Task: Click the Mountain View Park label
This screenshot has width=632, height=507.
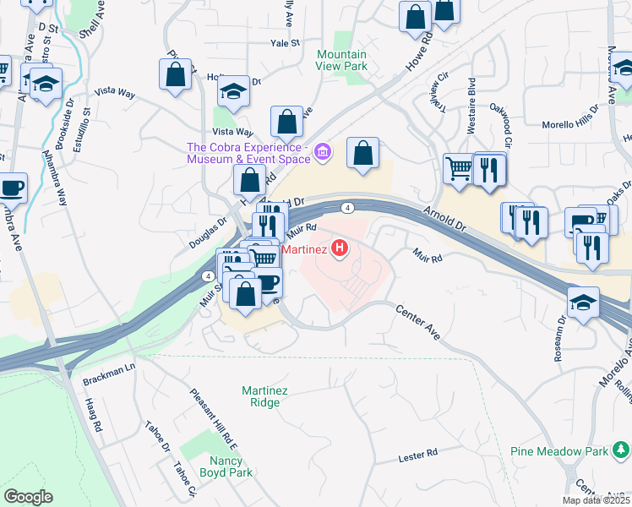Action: coord(341,59)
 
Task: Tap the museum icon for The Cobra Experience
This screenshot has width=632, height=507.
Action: coord(322,152)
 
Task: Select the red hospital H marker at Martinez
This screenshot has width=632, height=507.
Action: coord(340,248)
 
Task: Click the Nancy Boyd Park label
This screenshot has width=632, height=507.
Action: coord(226,467)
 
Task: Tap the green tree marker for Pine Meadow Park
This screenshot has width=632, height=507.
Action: coord(621,450)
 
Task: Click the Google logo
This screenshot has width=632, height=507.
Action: coord(28,496)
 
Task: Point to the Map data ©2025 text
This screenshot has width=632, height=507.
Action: coord(595,500)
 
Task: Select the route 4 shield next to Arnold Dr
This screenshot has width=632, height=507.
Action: coord(347,207)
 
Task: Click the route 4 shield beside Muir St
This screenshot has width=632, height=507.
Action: coord(207,275)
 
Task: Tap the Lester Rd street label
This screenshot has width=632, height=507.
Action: coord(417,456)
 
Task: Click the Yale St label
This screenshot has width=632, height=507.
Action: coord(286,43)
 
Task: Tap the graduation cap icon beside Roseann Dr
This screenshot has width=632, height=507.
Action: coord(582,303)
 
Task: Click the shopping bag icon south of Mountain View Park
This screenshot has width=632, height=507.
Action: coord(362,154)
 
